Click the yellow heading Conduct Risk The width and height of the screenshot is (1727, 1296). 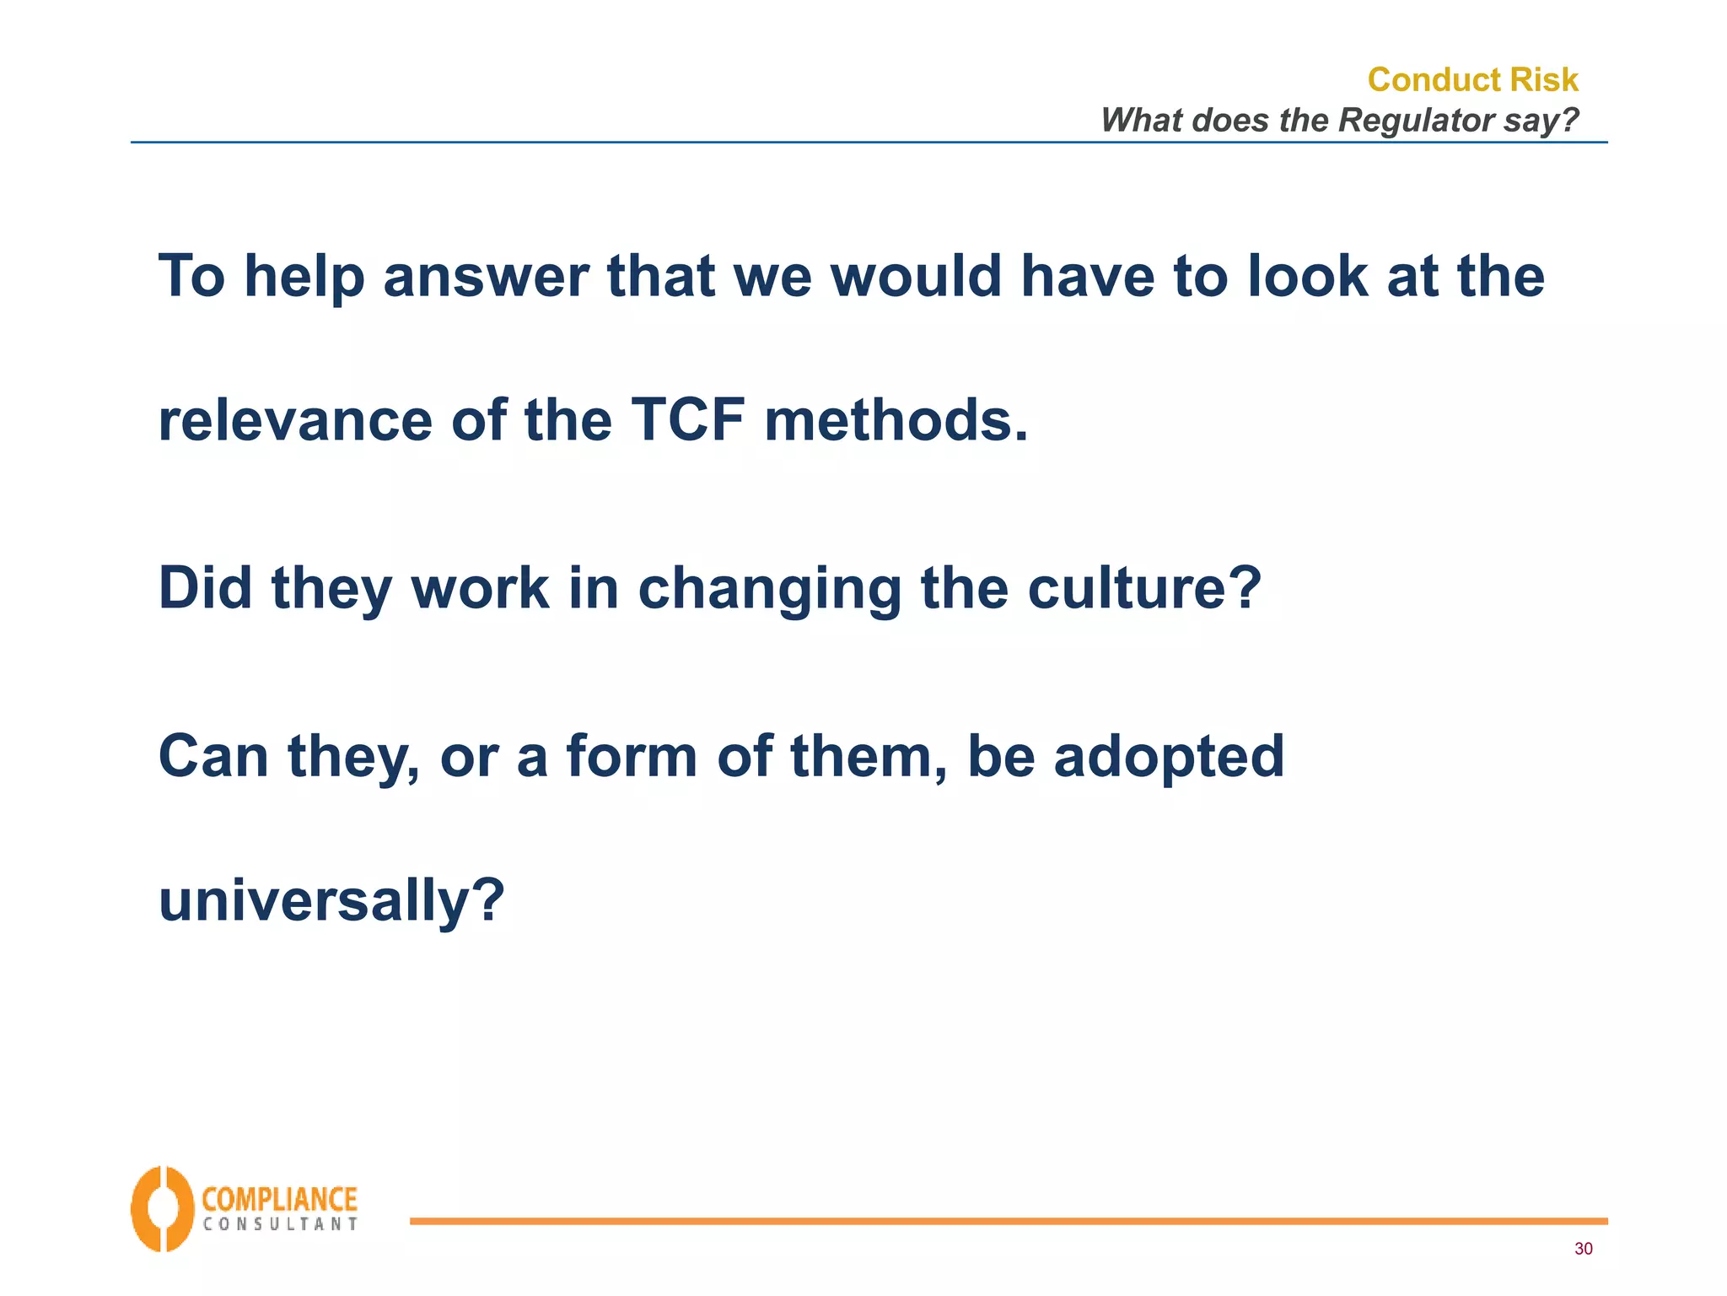[1472, 79]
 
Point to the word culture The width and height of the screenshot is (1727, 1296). [1143, 587]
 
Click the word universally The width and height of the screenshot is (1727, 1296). [331, 900]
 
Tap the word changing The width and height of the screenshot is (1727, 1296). [770, 589]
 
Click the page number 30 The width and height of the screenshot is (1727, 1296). [1583, 1249]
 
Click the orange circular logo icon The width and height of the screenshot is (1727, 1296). [162, 1208]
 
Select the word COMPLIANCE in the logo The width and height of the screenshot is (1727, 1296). [280, 1199]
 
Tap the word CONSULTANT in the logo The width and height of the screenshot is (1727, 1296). [280, 1224]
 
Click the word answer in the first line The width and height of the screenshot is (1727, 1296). [486, 277]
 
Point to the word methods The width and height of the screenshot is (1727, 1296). [896, 419]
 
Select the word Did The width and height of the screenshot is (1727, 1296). [205, 587]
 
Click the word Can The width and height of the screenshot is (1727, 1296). [213, 756]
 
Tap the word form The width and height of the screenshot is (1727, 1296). [632, 756]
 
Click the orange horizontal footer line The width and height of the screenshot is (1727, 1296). [1008, 1221]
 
